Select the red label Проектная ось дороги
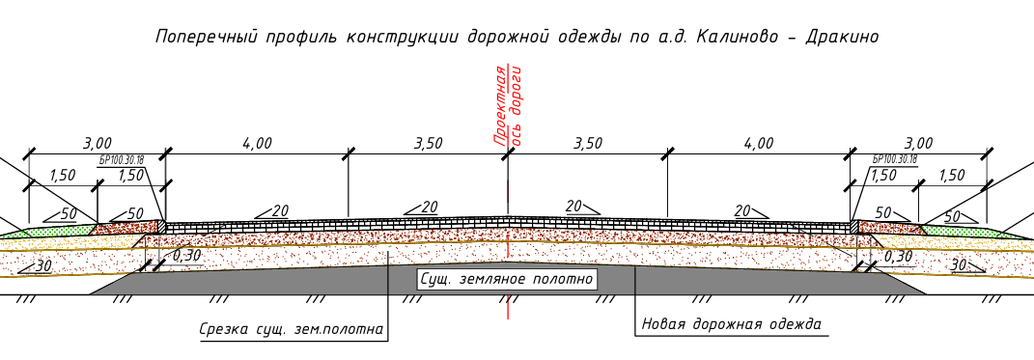(x=508, y=105)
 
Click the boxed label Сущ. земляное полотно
(x=508, y=279)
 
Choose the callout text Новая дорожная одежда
(x=731, y=323)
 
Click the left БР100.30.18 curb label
(x=122, y=159)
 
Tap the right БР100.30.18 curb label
(x=894, y=159)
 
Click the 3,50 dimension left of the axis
(x=428, y=143)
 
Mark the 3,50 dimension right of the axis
(x=588, y=143)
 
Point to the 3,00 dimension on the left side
(x=97, y=143)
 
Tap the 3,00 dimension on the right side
(x=918, y=143)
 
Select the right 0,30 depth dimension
(x=898, y=256)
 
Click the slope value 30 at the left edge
(x=42, y=265)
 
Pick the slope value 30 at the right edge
(x=960, y=264)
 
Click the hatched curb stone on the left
(x=161, y=226)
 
